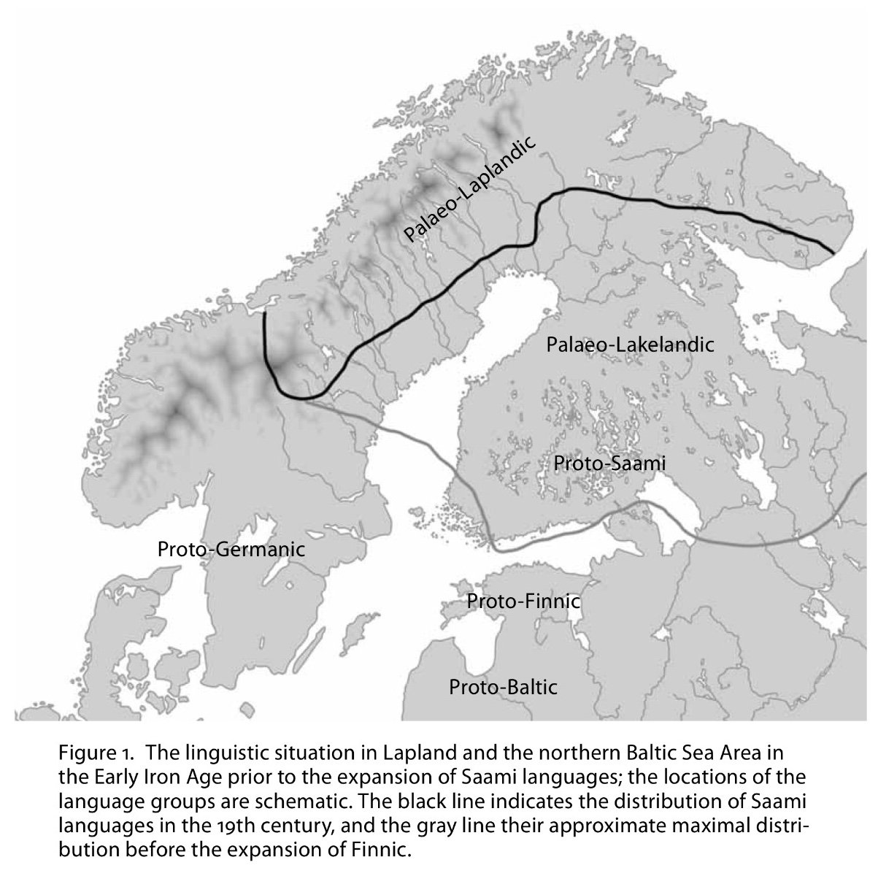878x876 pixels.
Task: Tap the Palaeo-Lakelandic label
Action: (x=630, y=344)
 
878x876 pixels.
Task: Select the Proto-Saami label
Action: (x=609, y=463)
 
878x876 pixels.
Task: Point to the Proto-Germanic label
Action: (x=231, y=549)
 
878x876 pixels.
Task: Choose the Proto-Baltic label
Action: (x=503, y=687)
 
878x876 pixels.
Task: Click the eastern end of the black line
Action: (x=833, y=252)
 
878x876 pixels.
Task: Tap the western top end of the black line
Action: (x=263, y=314)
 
